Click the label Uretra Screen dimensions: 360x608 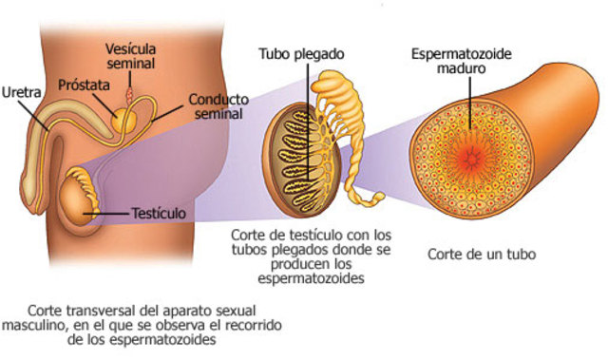pyautogui.click(x=21, y=93)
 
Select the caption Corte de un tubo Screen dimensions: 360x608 pyautogui.click(x=482, y=254)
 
